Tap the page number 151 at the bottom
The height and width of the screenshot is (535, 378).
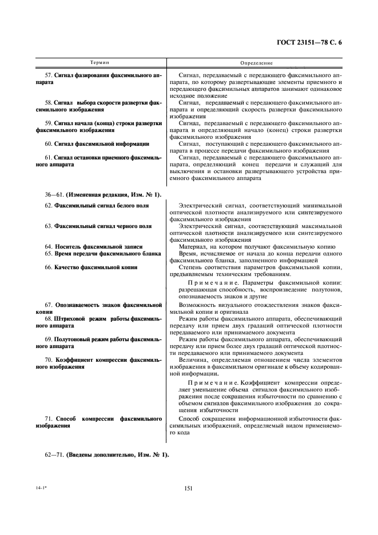coord(188,488)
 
